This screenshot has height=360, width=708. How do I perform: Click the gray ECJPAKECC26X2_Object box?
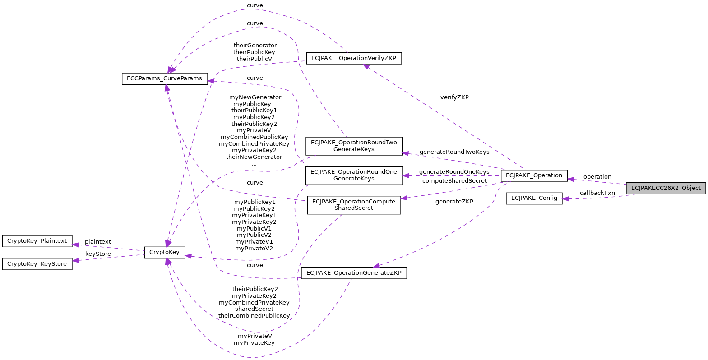(666, 188)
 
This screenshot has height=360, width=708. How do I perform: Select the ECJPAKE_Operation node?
(534, 175)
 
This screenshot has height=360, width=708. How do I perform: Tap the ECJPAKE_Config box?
(534, 198)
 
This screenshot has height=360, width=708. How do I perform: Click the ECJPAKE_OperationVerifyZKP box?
(354, 58)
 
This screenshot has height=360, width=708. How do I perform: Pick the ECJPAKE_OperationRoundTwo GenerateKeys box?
(354, 146)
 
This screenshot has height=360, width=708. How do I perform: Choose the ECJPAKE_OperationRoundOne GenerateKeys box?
(354, 175)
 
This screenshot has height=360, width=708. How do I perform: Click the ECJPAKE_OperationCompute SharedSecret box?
(354, 205)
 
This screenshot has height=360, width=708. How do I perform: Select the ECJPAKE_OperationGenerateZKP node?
(354, 273)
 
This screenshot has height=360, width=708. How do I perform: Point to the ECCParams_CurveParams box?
(164, 78)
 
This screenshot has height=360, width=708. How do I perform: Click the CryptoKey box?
(164, 252)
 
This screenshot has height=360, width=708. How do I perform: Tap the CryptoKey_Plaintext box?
(37, 241)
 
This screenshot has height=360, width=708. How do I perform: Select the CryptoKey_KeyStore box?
(37, 264)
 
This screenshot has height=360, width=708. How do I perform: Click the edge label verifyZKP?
(454, 97)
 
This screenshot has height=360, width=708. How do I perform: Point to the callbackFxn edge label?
(597, 193)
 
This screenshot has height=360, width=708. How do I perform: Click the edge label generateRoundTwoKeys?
(454, 152)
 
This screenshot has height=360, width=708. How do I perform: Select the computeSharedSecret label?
(454, 181)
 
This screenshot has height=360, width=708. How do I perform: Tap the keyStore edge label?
(98, 254)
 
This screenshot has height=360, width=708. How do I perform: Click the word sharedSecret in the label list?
(254, 309)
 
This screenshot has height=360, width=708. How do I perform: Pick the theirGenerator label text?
(255, 46)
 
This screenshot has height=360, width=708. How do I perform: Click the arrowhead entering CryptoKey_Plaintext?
(76, 245)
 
